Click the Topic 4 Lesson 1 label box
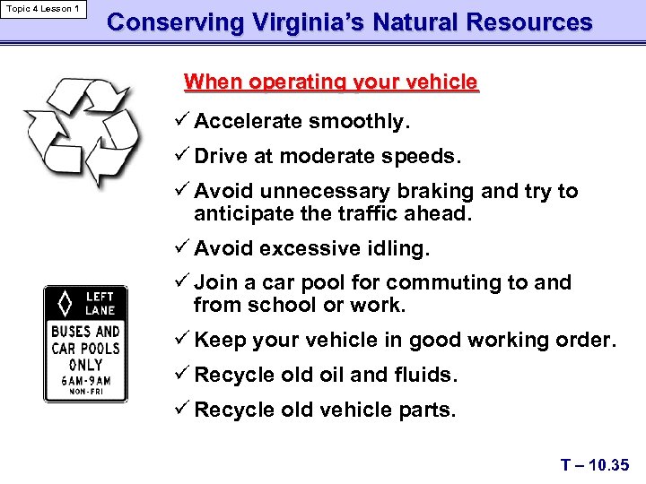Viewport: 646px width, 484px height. [x=43, y=10]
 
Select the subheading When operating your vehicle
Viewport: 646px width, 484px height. [x=331, y=82]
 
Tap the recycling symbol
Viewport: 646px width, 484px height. [x=83, y=132]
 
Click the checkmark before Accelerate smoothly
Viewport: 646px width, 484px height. [x=185, y=120]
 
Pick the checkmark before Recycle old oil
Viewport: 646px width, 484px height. [x=185, y=374]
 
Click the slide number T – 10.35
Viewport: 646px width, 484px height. [x=595, y=464]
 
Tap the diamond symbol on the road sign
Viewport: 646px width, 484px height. [x=65, y=303]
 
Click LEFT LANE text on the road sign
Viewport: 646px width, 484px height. [x=100, y=303]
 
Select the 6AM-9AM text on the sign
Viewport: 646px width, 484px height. [x=86, y=380]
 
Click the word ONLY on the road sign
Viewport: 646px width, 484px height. [x=85, y=364]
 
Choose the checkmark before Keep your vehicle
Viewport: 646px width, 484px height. [x=185, y=340]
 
